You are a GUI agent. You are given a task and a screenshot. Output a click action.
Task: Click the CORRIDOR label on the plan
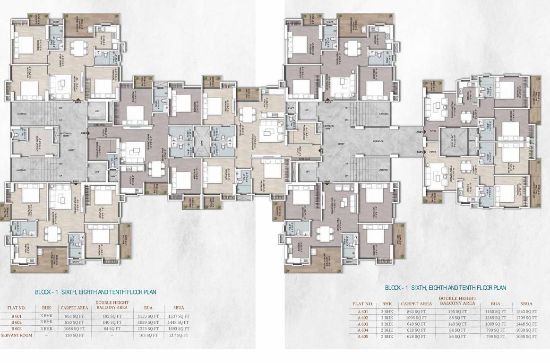377,141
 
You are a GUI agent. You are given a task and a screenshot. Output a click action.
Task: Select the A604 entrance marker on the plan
419,133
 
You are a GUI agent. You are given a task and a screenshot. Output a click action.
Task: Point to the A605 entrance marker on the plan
419,152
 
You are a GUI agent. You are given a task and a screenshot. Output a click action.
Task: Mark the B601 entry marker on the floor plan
75,181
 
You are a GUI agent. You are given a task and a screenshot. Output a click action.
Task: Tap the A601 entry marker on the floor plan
327,181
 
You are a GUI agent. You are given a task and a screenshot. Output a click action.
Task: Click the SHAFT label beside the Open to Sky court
471,141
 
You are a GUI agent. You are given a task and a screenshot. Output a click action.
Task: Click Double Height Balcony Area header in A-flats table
456,301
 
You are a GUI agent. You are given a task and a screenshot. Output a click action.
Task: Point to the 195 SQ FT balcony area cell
456,311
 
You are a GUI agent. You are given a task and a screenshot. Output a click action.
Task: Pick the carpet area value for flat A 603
416,324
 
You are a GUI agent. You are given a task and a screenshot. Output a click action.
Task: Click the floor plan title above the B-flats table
96,292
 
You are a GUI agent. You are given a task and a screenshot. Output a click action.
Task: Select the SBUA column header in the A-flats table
526,304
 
